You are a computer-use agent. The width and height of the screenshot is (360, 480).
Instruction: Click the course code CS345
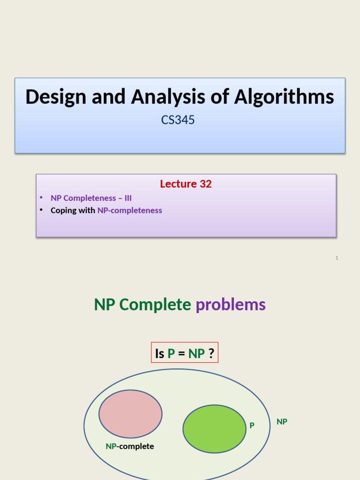178,120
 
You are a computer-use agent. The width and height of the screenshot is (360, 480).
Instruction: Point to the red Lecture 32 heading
186,184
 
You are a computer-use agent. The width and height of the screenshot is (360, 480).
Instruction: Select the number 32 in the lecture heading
206,184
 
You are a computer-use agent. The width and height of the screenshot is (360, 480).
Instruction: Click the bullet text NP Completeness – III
91,198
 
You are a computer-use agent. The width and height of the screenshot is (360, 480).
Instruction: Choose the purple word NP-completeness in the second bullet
130,210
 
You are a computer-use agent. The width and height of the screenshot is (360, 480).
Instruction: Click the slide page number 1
337,258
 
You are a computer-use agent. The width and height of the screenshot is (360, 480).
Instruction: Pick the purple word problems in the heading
231,305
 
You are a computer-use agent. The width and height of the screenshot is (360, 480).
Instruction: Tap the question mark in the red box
211,353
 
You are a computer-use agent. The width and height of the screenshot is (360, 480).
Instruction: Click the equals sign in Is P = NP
181,353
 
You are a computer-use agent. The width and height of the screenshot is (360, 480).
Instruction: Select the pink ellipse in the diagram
130,414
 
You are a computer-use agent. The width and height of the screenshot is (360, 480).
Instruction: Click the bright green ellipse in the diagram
214,429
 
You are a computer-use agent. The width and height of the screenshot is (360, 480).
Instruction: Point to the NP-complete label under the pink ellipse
130,446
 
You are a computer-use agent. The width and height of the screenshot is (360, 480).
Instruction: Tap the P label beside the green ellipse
252,426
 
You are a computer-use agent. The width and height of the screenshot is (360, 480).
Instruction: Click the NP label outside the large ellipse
282,422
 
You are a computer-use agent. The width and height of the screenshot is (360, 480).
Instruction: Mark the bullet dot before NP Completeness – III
41,198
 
